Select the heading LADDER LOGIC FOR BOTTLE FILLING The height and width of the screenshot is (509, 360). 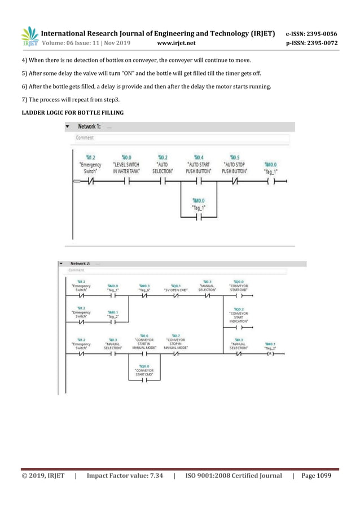73,113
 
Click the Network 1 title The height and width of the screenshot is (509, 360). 90,127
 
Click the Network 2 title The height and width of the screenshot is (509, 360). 80,264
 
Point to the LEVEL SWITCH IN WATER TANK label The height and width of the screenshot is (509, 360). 126,166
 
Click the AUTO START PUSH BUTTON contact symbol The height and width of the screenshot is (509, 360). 198,182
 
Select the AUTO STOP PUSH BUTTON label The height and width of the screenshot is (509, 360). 234,166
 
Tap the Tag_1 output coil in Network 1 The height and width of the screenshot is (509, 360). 273,182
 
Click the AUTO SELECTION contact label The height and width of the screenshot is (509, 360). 163,166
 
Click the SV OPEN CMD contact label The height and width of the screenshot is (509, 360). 175,289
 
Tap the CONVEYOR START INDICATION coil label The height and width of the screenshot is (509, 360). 239,317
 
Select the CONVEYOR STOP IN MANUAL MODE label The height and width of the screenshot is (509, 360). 175,344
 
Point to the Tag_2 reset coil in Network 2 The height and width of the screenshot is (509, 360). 270,354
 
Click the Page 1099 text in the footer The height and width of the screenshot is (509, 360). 317,476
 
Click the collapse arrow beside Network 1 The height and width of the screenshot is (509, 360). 68,127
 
